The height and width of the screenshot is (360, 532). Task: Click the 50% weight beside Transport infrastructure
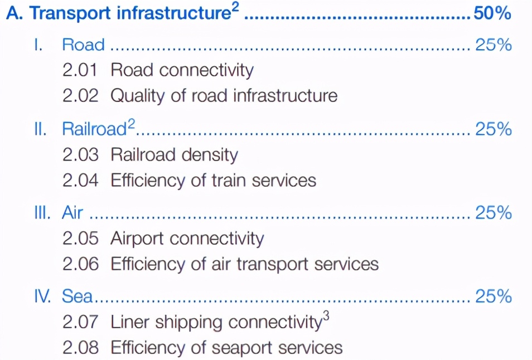click(x=492, y=13)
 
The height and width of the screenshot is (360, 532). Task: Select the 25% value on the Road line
click(x=493, y=45)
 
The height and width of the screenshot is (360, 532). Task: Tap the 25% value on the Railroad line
click(x=493, y=129)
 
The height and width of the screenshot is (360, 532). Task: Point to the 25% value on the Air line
click(x=493, y=212)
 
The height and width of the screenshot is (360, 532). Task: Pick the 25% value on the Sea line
click(x=493, y=296)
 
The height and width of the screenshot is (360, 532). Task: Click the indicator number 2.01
click(x=80, y=70)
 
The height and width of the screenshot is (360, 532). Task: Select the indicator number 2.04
click(x=80, y=181)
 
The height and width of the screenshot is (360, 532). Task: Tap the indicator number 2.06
click(x=80, y=264)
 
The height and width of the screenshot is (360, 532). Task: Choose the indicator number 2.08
click(x=80, y=348)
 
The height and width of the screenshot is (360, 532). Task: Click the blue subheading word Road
click(x=84, y=45)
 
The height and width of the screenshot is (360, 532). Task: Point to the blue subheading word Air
click(x=72, y=212)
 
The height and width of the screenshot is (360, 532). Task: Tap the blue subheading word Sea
click(x=77, y=296)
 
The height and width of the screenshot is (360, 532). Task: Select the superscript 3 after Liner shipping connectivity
click(x=326, y=316)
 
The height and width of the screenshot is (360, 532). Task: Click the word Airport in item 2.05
click(x=137, y=239)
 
